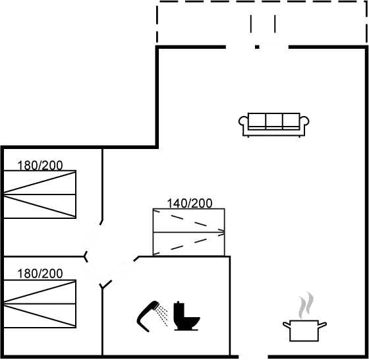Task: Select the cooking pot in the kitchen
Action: [x=304, y=329]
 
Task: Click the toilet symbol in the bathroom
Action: [x=184, y=316]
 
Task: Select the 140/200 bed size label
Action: [x=190, y=203]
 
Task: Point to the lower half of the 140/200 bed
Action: [x=190, y=243]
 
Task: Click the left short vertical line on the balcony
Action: [x=251, y=23]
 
